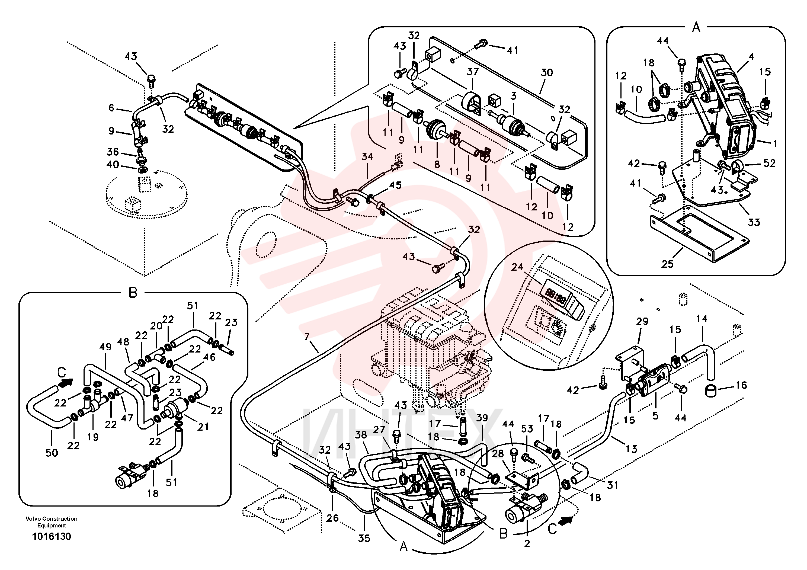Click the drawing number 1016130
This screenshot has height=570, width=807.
(52, 536)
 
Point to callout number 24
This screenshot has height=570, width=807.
(517, 267)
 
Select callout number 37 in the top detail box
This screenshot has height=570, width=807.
(473, 72)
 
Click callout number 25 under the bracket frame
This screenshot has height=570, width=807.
(667, 264)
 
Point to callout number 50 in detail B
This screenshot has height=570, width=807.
(52, 453)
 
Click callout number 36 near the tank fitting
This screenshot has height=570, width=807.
(113, 152)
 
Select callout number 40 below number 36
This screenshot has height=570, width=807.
(113, 164)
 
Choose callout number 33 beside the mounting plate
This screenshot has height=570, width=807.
(754, 222)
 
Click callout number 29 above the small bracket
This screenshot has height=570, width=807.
(642, 321)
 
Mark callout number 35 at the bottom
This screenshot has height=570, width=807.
(364, 538)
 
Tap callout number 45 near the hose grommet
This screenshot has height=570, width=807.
(395, 185)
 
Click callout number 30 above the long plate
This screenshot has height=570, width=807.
(547, 72)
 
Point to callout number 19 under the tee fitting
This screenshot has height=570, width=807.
(93, 437)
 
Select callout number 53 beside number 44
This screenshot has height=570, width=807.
(527, 429)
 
